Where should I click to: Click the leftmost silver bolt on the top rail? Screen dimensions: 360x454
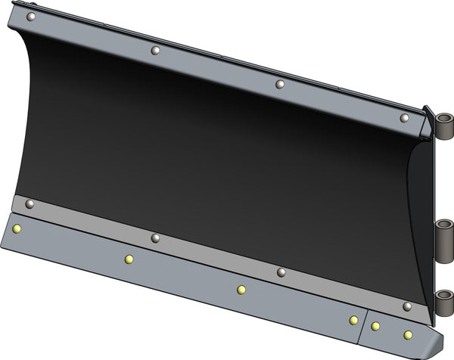pyautogui.click(x=30, y=16)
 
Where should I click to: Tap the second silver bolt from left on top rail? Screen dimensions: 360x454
pyautogui.click(x=155, y=51)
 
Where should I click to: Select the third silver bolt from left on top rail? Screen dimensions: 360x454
pyautogui.click(x=280, y=84)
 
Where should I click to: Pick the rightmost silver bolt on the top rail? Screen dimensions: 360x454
pyautogui.click(x=404, y=118)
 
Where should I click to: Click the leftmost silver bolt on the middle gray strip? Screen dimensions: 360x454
pyautogui.click(x=30, y=203)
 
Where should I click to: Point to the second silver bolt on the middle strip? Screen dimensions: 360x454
pyautogui.click(x=155, y=237)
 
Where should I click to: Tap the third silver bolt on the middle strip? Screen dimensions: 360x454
pyautogui.click(x=281, y=272)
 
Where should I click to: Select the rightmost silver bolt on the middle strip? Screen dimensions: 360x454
pyautogui.click(x=406, y=306)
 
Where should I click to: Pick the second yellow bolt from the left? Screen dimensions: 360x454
pyautogui.click(x=129, y=259)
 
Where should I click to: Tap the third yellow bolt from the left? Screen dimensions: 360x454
pyautogui.click(x=241, y=289)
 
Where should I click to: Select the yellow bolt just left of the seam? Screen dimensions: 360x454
pyautogui.click(x=353, y=320)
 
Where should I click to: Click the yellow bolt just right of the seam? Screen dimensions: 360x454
pyautogui.click(x=375, y=326)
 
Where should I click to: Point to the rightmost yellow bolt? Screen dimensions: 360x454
pyautogui.click(x=408, y=334)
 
